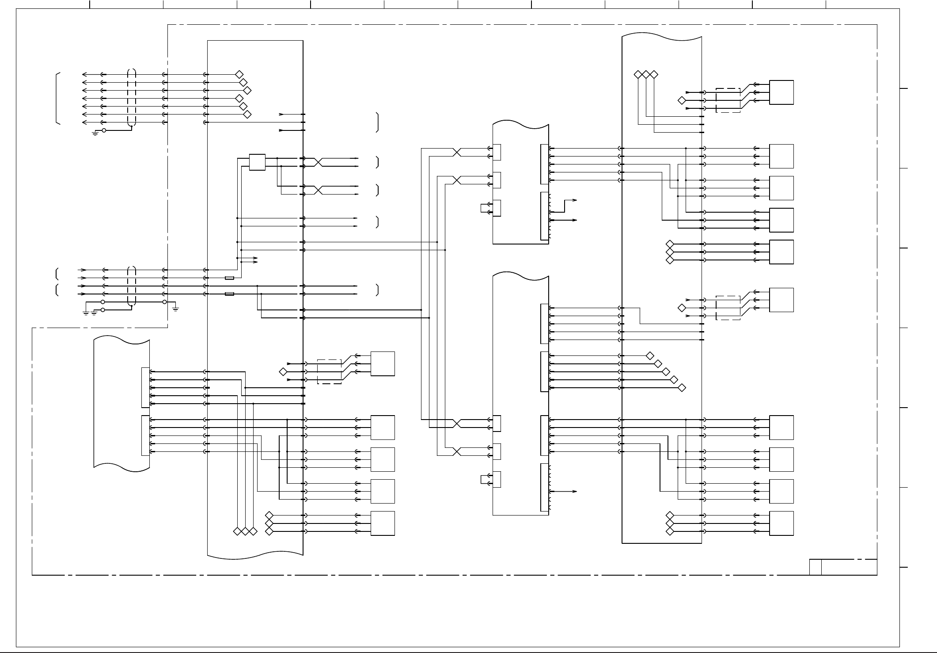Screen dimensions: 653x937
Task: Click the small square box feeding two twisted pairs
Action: (x=257, y=162)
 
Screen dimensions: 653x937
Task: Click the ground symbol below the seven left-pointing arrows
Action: (x=95, y=133)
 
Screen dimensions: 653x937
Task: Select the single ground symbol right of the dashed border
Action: (x=175, y=308)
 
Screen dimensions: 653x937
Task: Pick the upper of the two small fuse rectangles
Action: (x=229, y=278)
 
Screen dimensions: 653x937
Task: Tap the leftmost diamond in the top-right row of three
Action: (x=637, y=74)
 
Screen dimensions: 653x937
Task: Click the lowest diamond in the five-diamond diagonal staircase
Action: (x=682, y=388)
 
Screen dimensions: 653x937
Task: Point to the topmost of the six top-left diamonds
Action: (x=239, y=74)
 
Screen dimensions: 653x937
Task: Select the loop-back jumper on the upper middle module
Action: (x=483, y=208)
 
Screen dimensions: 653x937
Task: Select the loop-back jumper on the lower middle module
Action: (x=483, y=480)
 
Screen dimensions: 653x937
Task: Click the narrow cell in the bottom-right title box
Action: (x=816, y=567)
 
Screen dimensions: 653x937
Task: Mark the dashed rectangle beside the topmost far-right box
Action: (x=728, y=100)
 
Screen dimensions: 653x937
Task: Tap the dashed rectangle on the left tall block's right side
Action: (x=329, y=372)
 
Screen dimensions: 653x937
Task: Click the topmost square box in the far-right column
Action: (x=781, y=92)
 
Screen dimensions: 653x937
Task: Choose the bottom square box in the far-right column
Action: (x=781, y=523)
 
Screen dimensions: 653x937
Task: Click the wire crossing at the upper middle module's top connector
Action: (x=457, y=152)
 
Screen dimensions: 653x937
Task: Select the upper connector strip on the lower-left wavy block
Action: (x=145, y=387)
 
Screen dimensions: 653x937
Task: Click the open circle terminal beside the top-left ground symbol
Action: (x=104, y=130)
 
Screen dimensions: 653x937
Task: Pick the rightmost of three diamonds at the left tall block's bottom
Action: (x=253, y=531)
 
